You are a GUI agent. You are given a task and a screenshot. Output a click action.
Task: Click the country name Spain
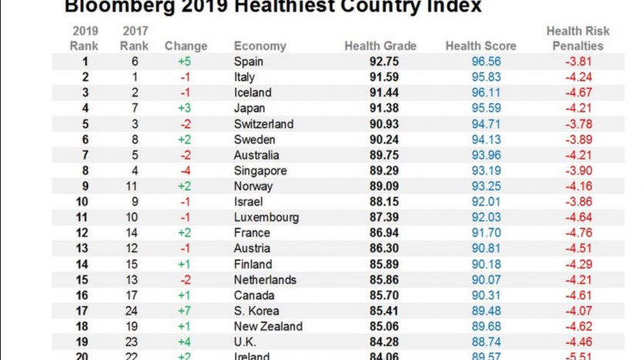(248, 62)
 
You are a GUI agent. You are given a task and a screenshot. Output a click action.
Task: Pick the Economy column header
(260, 46)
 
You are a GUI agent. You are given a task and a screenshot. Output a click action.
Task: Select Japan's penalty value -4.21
(577, 109)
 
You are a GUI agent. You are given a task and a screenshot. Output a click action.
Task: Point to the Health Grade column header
(380, 46)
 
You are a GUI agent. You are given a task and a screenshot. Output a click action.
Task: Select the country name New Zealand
(268, 326)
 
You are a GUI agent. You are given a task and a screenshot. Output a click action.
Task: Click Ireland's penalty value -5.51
(577, 356)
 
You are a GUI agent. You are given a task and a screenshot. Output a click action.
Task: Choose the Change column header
(186, 46)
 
